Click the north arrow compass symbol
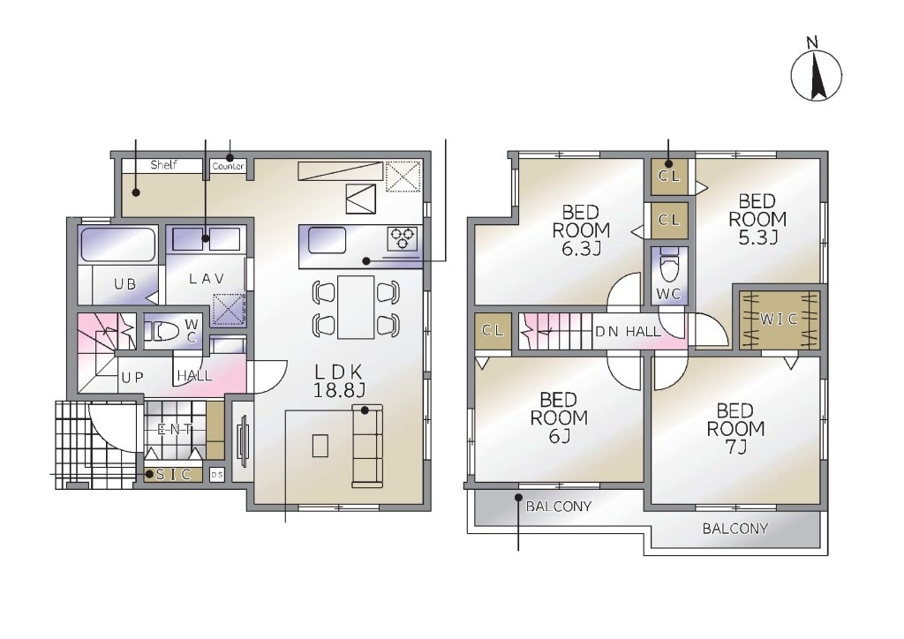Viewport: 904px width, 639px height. [x=816, y=75]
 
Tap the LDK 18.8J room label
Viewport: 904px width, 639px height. [x=339, y=381]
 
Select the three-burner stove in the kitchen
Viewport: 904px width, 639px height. [x=403, y=239]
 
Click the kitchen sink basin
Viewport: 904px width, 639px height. [x=327, y=240]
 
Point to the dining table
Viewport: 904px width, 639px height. [x=356, y=307]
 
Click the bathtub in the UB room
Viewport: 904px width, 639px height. [x=117, y=244]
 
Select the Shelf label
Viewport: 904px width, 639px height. [x=163, y=165]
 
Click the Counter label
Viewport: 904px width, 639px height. [x=229, y=167]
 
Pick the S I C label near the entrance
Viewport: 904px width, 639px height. [x=174, y=474]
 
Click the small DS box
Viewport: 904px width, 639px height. [x=217, y=475]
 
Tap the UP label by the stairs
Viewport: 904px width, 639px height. [x=132, y=378]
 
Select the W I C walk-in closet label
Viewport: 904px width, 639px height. [x=779, y=319]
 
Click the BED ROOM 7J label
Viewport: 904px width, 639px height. [x=735, y=428]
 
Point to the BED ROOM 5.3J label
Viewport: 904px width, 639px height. [x=757, y=219]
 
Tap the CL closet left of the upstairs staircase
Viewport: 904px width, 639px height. [x=493, y=331]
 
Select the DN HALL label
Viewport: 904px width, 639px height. [x=628, y=331]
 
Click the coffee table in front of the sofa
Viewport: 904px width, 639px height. [x=320, y=446]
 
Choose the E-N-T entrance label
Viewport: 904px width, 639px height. [x=174, y=429]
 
